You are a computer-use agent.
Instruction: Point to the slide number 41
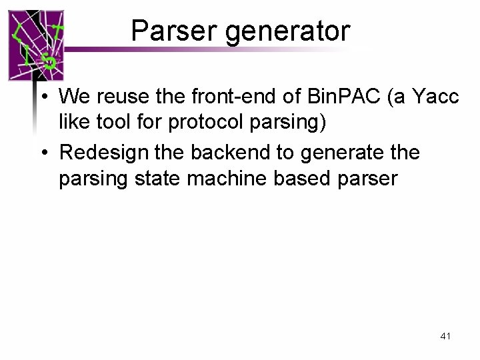[x=445, y=337]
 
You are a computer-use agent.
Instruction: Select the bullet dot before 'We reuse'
[x=42, y=97]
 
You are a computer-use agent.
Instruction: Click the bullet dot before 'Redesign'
[x=42, y=153]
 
